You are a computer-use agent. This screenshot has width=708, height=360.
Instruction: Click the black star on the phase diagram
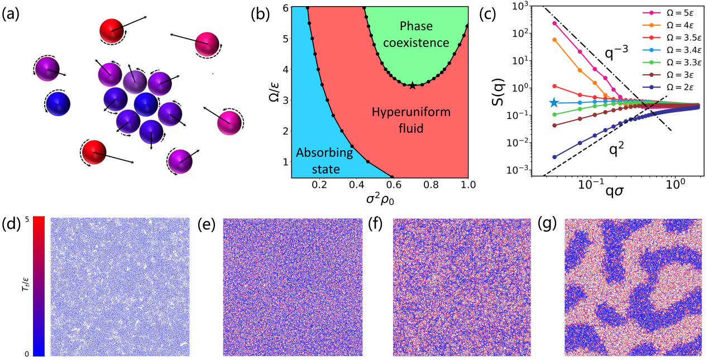(x=412, y=85)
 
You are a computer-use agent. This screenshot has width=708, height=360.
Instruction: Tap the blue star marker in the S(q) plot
(x=553, y=103)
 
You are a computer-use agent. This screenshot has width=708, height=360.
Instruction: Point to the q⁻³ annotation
(x=616, y=52)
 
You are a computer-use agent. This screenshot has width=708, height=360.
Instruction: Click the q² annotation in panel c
(x=616, y=150)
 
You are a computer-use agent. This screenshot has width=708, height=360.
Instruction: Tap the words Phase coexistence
(x=416, y=35)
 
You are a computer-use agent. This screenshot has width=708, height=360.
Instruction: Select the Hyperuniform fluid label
(x=411, y=120)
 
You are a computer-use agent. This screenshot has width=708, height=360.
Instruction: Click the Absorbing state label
(x=324, y=161)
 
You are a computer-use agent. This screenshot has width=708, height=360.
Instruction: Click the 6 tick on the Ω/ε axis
(x=286, y=8)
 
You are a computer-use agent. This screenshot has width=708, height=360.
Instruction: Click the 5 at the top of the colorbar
(x=27, y=219)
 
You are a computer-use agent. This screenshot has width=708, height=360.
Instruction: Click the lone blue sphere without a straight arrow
(x=58, y=104)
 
